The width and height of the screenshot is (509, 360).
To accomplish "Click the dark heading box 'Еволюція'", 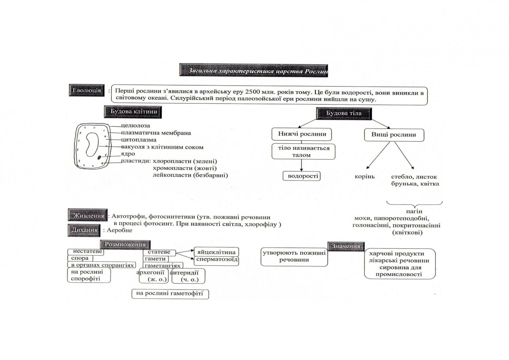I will (x=87, y=91).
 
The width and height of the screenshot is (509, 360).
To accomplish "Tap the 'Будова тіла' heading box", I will (x=344, y=113).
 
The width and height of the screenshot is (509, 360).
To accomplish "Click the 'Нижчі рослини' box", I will (x=302, y=134).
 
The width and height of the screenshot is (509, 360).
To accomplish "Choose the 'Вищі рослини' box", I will (x=394, y=135).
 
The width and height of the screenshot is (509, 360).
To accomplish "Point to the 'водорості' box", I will (x=302, y=176).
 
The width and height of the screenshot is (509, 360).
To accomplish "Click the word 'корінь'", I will (x=364, y=177).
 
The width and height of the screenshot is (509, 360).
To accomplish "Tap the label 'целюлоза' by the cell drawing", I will (x=135, y=126).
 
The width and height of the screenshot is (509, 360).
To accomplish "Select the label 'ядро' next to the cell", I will (x=128, y=154).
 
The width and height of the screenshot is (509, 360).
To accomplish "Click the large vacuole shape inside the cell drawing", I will (x=92, y=144).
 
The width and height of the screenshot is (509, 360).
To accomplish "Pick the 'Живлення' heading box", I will (x=88, y=216).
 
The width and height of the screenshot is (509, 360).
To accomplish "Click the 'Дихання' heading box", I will (x=84, y=230).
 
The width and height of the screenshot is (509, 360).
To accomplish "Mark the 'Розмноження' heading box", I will (x=125, y=244).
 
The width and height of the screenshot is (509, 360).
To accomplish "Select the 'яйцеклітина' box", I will (x=216, y=252).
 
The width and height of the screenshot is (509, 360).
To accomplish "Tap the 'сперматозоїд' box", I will (x=217, y=260).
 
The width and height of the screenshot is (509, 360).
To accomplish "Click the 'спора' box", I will (x=80, y=259).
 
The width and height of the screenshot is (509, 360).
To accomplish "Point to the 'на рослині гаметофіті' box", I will (x=170, y=293).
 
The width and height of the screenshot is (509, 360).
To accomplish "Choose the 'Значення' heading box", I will (x=345, y=246).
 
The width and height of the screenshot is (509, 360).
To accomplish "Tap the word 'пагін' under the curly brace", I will (x=414, y=211).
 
